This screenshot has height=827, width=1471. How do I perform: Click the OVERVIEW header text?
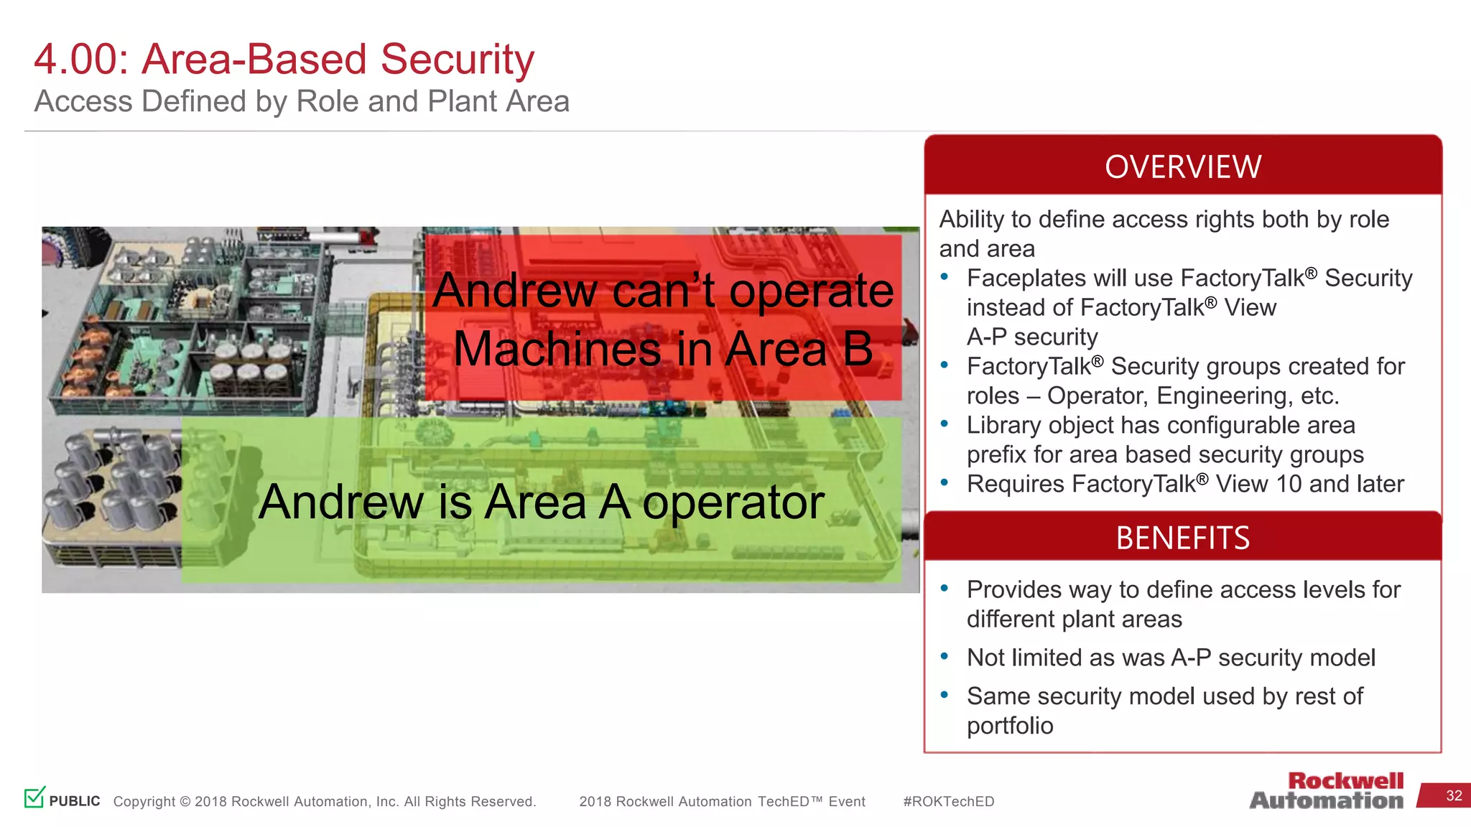[x=1182, y=167]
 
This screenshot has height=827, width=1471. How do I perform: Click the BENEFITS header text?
[x=1182, y=538]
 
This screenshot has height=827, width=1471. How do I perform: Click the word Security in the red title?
[x=457, y=60]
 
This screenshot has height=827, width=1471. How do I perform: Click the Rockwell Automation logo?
[x=1327, y=791]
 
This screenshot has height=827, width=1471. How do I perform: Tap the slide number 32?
[x=1454, y=795]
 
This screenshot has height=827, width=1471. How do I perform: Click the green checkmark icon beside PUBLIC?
[x=34, y=797]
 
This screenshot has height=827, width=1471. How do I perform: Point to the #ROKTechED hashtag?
[x=948, y=802]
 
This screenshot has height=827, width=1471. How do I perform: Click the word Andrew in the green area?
[x=341, y=502]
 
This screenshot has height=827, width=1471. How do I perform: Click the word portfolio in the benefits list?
[x=1010, y=726]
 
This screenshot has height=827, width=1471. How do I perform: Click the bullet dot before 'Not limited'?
[x=945, y=656]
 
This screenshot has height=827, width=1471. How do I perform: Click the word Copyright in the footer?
[x=144, y=802]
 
